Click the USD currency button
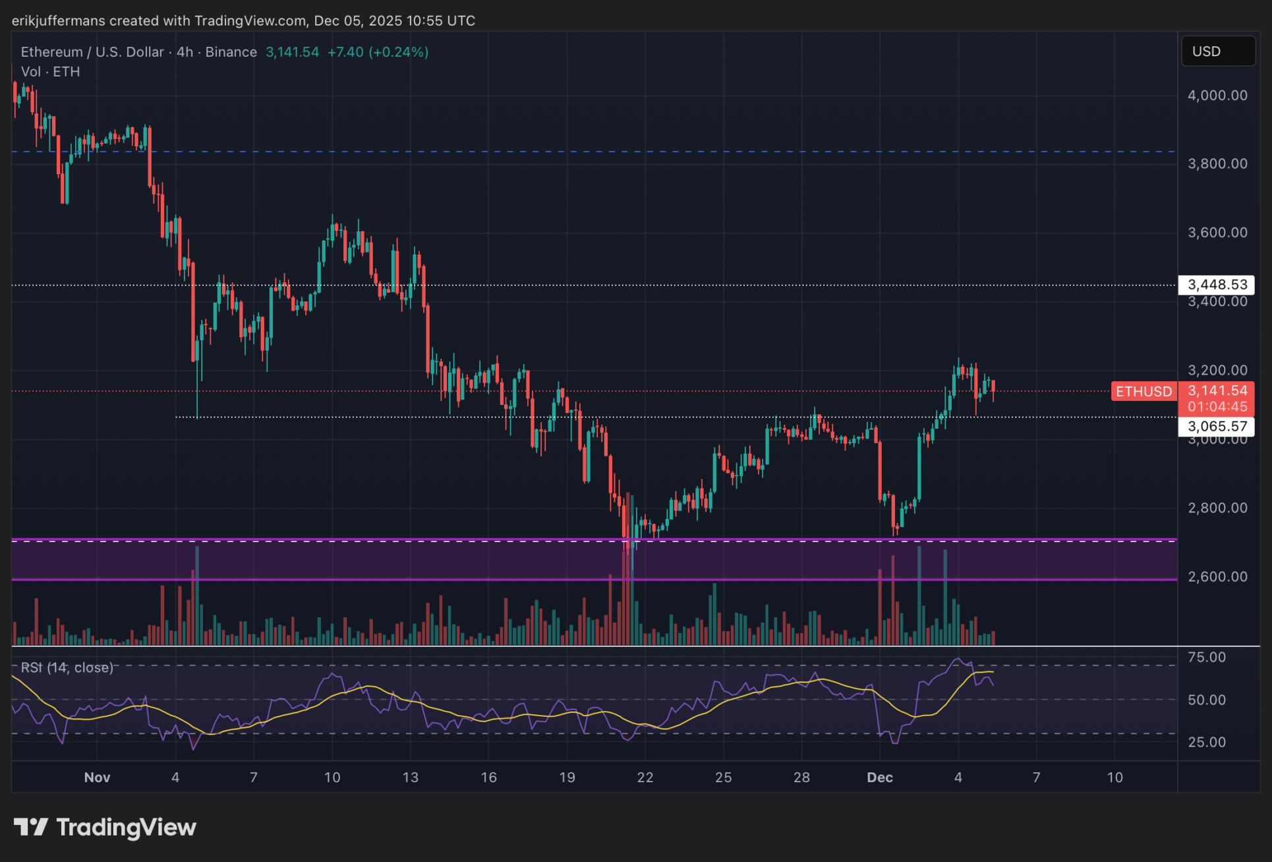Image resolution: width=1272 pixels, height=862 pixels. coord(1218,51)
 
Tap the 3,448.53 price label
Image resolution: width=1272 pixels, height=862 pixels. coord(1217,285)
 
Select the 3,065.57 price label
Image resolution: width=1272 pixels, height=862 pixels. coord(1217,427)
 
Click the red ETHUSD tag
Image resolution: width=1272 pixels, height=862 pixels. coord(1143,392)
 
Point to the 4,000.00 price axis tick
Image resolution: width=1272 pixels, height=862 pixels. coord(1217,96)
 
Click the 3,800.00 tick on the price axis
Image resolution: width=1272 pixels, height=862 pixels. coord(1217,164)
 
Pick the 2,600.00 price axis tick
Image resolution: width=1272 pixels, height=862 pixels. coord(1217,577)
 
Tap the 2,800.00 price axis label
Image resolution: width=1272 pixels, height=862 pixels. coord(1217,508)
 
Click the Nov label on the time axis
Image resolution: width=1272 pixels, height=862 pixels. coord(97,778)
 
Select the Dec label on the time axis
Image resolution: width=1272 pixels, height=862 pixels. coord(880,778)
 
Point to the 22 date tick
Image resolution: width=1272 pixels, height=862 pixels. coord(645,778)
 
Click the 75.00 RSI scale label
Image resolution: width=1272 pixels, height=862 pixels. coord(1207,658)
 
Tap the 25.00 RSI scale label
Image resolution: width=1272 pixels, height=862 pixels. coord(1207,743)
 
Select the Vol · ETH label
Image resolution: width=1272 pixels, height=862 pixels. coord(50,72)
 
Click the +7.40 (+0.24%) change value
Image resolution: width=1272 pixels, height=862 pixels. coord(378,52)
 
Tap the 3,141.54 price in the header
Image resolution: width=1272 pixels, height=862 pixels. coord(292,52)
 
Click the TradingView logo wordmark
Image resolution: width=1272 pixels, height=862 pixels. coord(105,828)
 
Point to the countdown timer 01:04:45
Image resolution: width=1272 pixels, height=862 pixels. coord(1217,407)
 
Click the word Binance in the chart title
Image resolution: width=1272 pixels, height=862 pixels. coord(231,52)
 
